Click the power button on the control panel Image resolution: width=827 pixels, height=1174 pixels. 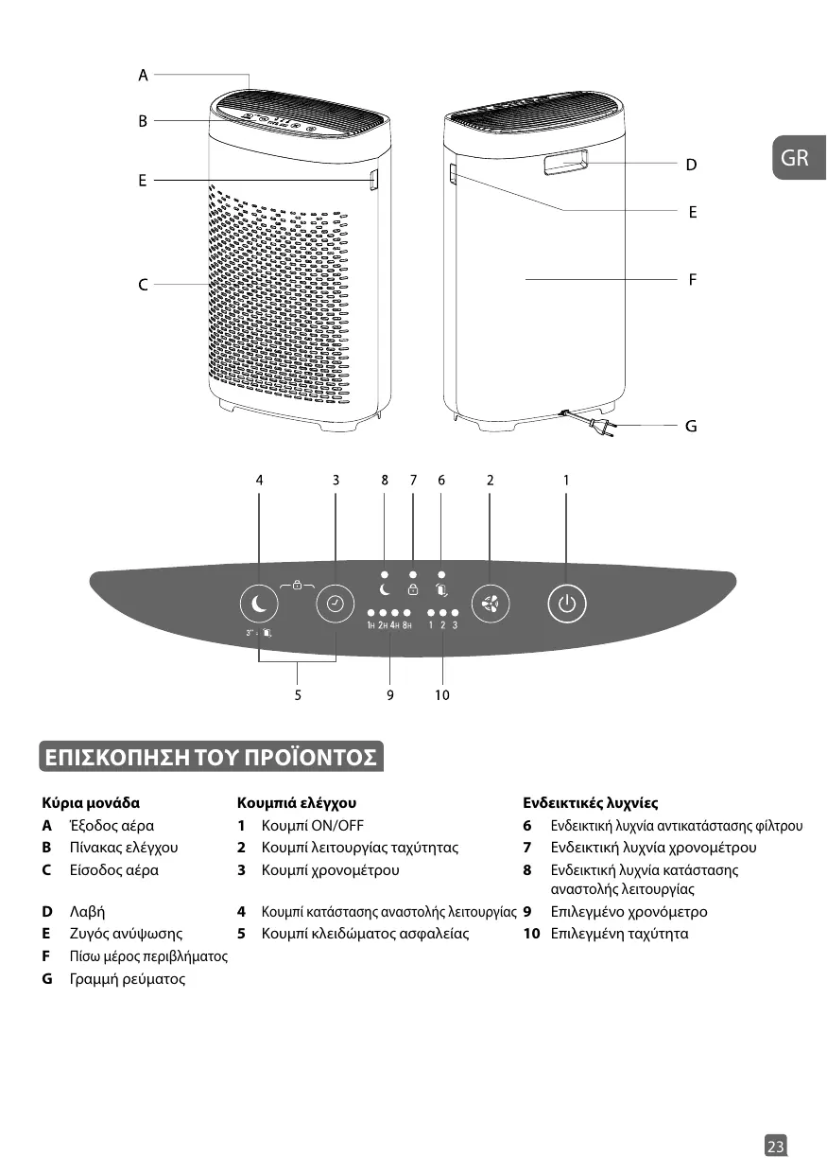tap(566, 604)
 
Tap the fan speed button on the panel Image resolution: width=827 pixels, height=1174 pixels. tap(490, 604)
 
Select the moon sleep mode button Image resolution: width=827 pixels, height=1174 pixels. tap(260, 604)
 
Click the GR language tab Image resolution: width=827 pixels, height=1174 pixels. tap(796, 157)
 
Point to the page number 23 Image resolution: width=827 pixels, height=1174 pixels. tap(775, 1147)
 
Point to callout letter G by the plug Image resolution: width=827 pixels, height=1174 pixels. tap(691, 427)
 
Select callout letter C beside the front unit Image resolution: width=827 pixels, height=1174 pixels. tap(143, 283)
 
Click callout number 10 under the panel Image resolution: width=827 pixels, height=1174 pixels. tap(442, 695)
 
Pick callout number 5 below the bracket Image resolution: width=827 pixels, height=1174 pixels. tap(298, 695)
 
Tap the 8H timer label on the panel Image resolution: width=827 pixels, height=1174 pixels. tap(406, 625)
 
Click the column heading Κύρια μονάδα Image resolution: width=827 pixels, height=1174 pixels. tap(91, 802)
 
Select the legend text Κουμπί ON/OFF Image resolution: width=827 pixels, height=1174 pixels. tap(312, 825)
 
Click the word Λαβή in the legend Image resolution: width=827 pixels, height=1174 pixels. tap(87, 912)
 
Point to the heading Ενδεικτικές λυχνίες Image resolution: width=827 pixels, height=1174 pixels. tap(590, 802)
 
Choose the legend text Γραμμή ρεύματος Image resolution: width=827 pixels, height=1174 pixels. tap(127, 979)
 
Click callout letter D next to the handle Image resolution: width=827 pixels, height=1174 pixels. tap(691, 165)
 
